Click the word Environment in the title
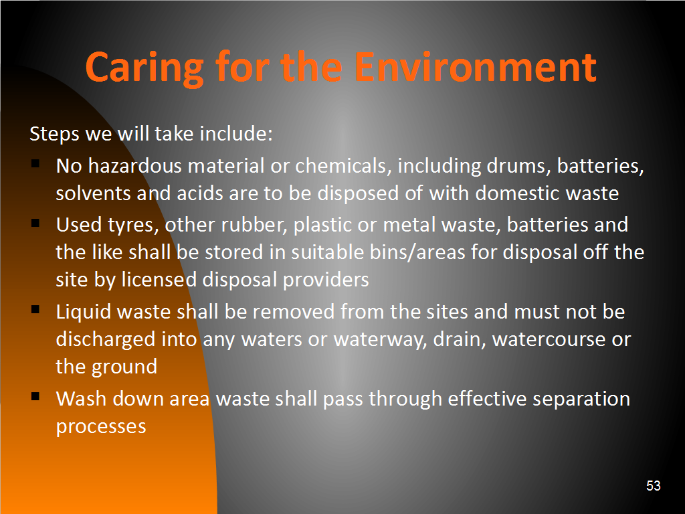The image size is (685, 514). pyautogui.click(x=476, y=67)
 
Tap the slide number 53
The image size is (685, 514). pyautogui.click(x=653, y=486)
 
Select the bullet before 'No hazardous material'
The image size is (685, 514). pyautogui.click(x=35, y=165)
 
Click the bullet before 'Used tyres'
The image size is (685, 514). pyautogui.click(x=35, y=224)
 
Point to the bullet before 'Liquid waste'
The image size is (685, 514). pyautogui.click(x=35, y=310)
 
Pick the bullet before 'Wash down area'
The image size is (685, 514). pyautogui.click(x=35, y=397)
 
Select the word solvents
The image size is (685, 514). pyautogui.click(x=93, y=193)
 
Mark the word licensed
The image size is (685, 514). pyautogui.click(x=159, y=280)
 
